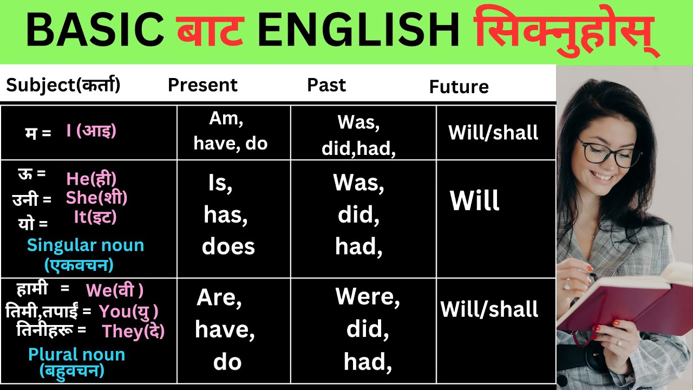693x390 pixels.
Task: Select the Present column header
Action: tap(202, 85)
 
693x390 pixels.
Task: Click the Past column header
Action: tap(326, 85)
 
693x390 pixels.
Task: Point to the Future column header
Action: tap(459, 87)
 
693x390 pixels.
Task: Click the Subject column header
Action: tap(63, 85)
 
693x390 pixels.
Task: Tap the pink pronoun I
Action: tap(69, 131)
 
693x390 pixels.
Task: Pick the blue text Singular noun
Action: tap(86, 245)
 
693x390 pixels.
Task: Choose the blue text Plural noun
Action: tap(76, 355)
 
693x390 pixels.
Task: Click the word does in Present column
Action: tap(228, 247)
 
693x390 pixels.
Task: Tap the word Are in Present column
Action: tap(219, 298)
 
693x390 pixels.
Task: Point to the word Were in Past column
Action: tap(367, 297)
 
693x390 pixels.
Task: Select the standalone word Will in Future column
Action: tap(474, 201)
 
